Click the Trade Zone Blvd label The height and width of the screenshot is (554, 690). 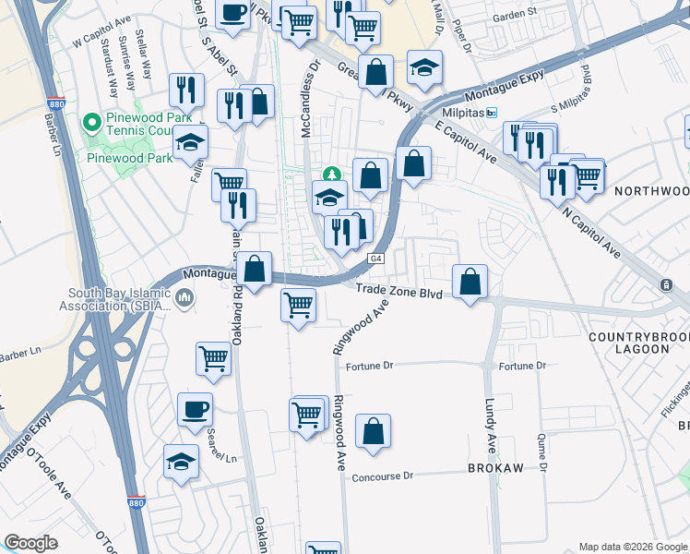399,293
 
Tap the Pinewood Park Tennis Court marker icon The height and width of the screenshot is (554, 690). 91,122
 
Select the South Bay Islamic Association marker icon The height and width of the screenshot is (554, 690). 184,298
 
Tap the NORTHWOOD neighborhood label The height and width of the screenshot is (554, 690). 650,191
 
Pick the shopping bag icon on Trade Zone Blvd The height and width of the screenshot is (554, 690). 470,283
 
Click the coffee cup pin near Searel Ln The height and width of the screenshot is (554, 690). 195,410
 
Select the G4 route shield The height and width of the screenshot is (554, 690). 376,259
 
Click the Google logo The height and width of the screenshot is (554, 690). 30,542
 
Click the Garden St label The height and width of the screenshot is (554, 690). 514,15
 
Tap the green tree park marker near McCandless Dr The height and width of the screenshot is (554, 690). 330,174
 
